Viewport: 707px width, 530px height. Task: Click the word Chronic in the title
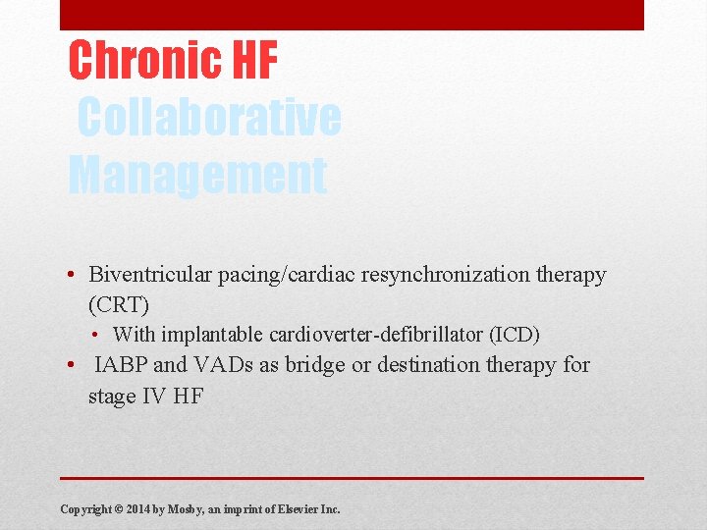pos(143,60)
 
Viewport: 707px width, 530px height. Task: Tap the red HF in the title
pos(254,60)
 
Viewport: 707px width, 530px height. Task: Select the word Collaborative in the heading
pos(208,119)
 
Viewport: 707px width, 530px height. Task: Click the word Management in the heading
pos(196,175)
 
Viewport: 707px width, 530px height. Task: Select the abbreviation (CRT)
pos(119,304)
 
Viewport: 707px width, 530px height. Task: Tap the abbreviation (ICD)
pos(508,335)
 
